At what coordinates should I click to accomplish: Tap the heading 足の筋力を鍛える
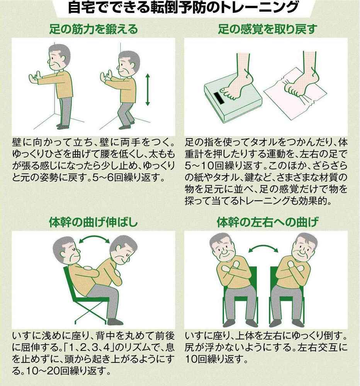click(x=93, y=29)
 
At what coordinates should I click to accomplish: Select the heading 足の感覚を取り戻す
click(x=268, y=29)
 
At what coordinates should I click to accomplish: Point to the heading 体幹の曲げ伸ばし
click(x=93, y=222)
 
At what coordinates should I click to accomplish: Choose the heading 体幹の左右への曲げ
click(x=268, y=222)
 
